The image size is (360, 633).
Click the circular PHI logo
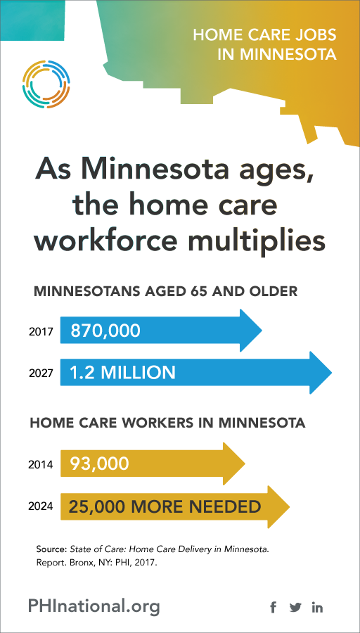click(x=46, y=84)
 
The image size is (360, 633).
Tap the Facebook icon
click(x=274, y=607)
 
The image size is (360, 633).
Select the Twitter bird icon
click(x=295, y=607)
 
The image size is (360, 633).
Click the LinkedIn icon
click(x=317, y=607)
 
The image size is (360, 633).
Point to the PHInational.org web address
click(x=94, y=606)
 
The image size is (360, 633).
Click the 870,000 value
click(x=105, y=331)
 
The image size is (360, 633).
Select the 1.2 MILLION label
click(x=122, y=373)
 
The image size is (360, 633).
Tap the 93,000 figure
click(x=99, y=464)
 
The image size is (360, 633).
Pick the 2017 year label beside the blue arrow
click(x=41, y=332)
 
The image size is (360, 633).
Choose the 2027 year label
click(x=41, y=373)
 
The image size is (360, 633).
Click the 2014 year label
click(x=41, y=465)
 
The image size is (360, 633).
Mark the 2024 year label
click(x=41, y=506)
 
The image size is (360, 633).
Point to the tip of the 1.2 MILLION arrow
click(x=332, y=373)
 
